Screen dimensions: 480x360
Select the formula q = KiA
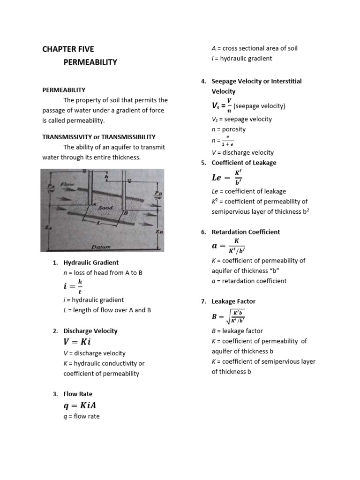[80, 405]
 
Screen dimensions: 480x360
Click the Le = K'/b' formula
[227, 177]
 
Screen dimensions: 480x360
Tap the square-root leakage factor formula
[228, 317]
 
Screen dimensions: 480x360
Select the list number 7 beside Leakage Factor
[203, 301]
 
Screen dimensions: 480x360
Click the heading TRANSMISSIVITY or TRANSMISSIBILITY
[99, 137]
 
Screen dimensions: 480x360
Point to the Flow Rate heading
[78, 394]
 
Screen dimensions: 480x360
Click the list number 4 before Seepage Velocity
[203, 81]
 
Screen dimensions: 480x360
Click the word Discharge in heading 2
[77, 330]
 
